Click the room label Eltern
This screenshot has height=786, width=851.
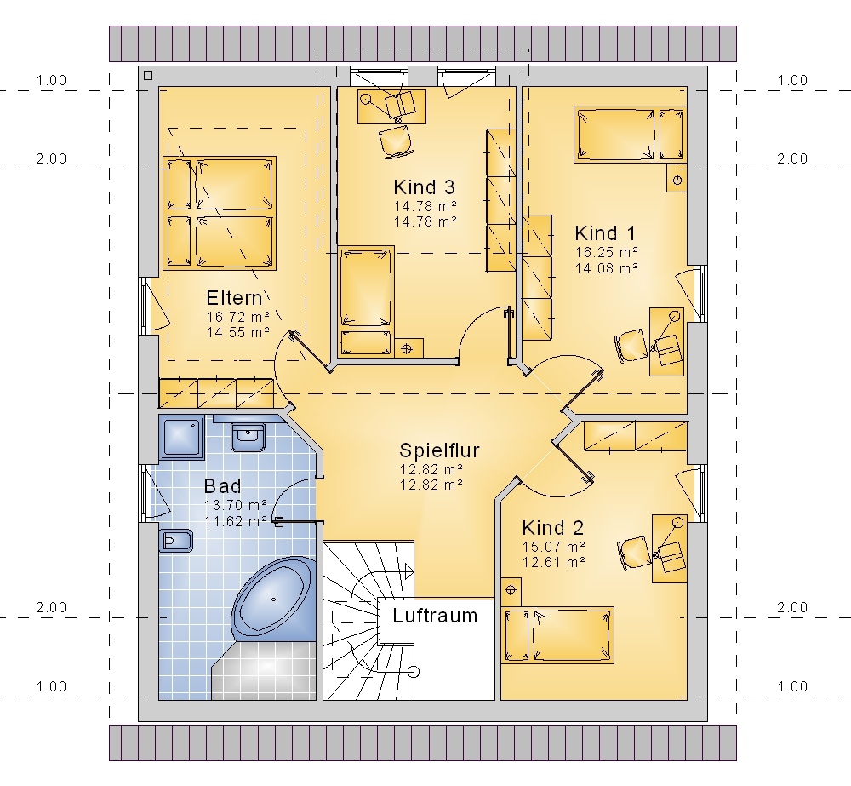tap(234, 298)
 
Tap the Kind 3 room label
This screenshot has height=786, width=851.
tap(424, 187)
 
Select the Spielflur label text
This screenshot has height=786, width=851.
tap(439, 450)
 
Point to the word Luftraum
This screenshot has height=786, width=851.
tap(435, 616)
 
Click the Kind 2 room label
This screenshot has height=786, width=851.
tap(552, 527)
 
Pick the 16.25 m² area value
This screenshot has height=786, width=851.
tap(606, 252)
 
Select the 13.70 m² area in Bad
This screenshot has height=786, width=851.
tap(236, 505)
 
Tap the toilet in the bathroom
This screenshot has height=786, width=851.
tap(176, 541)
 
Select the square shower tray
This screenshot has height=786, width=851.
tap(181, 438)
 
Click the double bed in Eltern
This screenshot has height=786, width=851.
tap(220, 213)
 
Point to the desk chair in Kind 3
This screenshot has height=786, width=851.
tap(395, 141)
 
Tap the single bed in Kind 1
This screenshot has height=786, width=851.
tap(630, 135)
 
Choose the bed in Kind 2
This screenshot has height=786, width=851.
tap(557, 635)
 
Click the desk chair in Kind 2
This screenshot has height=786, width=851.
tap(633, 553)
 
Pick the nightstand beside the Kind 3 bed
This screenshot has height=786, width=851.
tap(408, 348)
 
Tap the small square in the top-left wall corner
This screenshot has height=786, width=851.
tap(148, 76)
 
